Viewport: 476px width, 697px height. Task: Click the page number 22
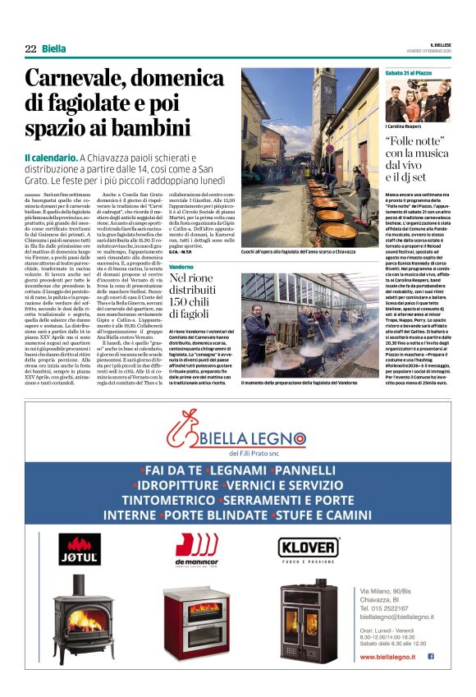point(30,48)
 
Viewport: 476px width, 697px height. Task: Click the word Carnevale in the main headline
point(80,79)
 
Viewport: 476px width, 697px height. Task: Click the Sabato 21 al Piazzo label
point(409,73)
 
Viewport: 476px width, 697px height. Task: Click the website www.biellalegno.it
point(391,657)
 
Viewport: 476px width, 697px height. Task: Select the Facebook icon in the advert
point(430,657)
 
